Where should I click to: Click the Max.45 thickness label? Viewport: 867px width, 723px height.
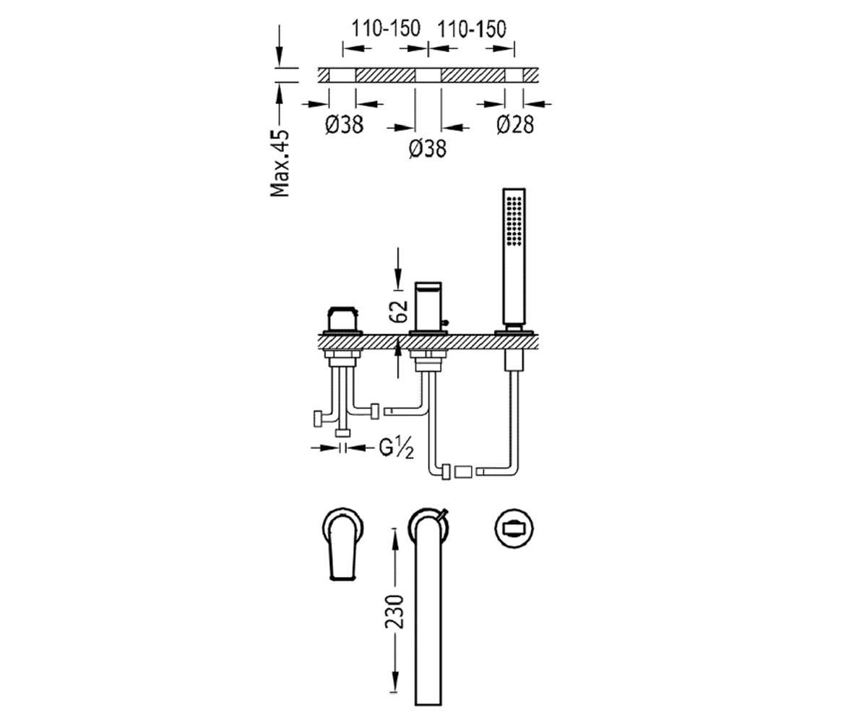[280, 163]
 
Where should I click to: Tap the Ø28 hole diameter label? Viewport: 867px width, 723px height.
[515, 124]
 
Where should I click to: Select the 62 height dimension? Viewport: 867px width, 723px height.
[399, 311]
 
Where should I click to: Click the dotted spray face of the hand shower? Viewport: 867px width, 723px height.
[514, 221]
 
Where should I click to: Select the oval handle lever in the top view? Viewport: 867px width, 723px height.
[343, 547]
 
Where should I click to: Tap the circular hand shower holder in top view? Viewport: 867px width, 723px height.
[514, 529]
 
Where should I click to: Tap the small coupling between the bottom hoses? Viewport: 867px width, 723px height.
[463, 472]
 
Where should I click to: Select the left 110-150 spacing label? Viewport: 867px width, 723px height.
[386, 29]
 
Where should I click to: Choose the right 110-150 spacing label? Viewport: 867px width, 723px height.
[472, 29]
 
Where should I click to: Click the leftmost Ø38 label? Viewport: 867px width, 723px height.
[344, 124]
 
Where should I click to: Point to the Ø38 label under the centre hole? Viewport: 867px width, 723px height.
[428, 148]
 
